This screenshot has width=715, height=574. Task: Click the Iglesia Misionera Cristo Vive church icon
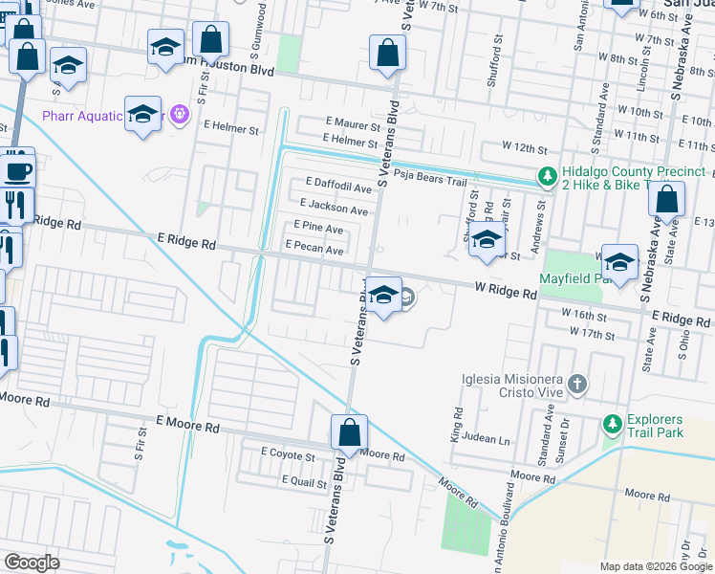pos(576,385)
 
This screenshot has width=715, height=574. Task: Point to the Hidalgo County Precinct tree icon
pos(546,175)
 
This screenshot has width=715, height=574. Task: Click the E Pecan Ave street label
pos(314,250)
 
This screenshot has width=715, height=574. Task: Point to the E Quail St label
pos(304,483)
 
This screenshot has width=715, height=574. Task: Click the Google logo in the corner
pos(32,562)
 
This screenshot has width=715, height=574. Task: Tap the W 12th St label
pos(526,150)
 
